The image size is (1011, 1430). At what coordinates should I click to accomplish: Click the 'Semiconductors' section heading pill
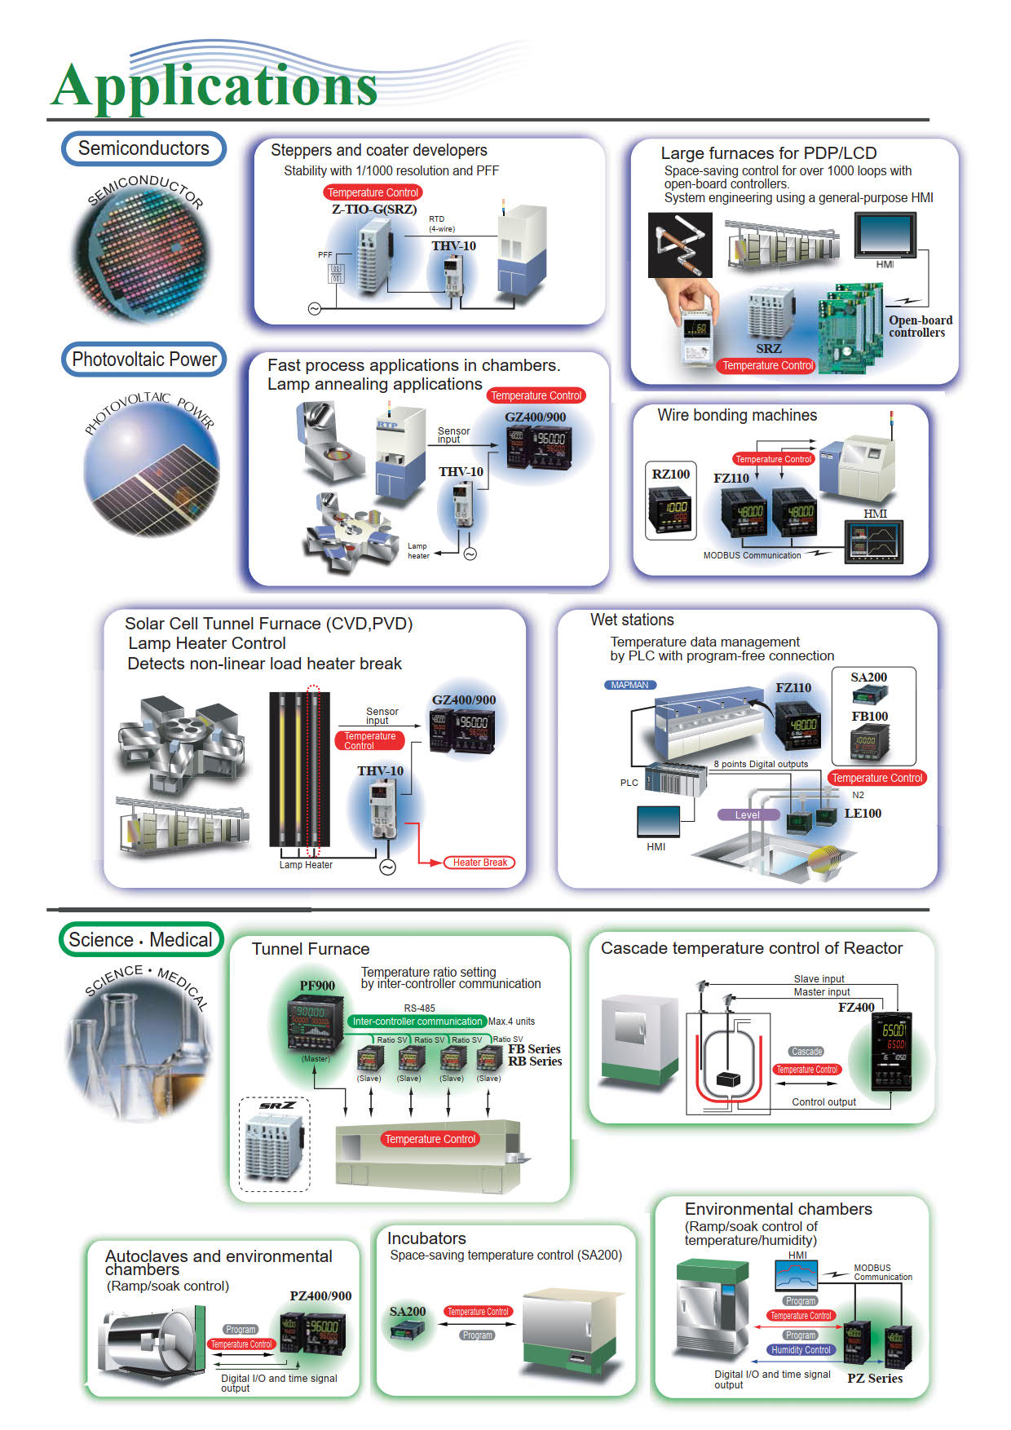pos(143,148)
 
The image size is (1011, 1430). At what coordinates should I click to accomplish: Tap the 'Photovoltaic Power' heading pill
pos(144,360)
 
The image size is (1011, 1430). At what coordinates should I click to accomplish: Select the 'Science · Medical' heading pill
pos(140,940)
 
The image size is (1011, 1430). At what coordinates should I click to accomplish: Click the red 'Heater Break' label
pos(479,863)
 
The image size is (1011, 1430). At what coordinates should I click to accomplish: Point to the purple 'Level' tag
pos(747,815)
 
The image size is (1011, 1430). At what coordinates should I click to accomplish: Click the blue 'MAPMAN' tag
pos(629,685)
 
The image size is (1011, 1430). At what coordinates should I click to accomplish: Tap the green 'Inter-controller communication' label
pos(417,1022)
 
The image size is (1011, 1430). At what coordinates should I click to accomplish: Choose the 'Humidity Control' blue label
pos(801,1350)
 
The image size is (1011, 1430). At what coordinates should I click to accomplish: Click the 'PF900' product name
pos(317,986)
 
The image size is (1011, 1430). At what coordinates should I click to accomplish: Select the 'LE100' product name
pos(863,814)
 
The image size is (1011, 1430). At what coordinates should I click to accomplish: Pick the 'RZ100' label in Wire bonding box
pos(671,474)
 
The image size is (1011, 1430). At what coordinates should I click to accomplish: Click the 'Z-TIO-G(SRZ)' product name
pos(374,210)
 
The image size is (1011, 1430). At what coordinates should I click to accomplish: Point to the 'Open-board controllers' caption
pos(920,326)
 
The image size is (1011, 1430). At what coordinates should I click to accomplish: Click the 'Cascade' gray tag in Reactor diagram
pos(806,1052)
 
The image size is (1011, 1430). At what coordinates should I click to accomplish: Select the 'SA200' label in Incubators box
pos(408,1312)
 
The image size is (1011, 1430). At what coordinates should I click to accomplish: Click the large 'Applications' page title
pos(215,86)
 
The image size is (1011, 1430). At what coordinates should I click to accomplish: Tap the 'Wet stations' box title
pos(632,620)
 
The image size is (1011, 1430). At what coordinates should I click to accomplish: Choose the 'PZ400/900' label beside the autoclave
pos(320,1296)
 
